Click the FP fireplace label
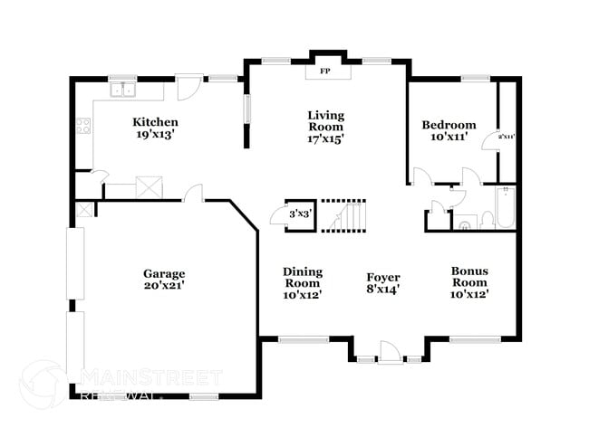(323, 70)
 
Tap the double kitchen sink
(121, 89)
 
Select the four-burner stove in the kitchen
(84, 127)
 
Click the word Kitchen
(155, 122)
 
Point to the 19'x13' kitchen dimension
(155, 135)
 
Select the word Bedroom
(449, 125)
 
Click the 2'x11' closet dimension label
(506, 137)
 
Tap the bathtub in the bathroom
(506, 208)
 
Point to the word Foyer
(383, 277)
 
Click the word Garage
(164, 273)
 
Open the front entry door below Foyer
(389, 353)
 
